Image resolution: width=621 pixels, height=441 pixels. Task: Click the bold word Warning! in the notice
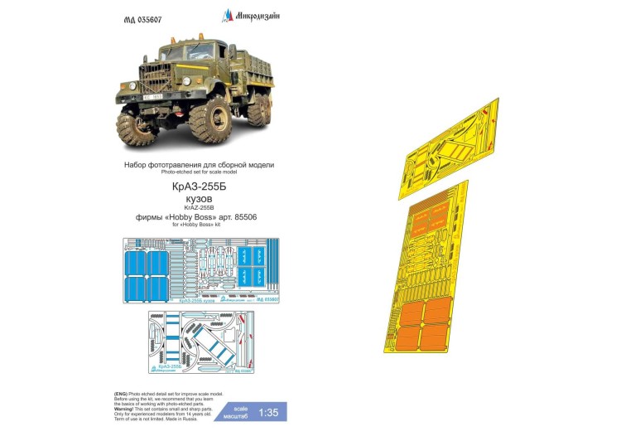click(127, 405)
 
